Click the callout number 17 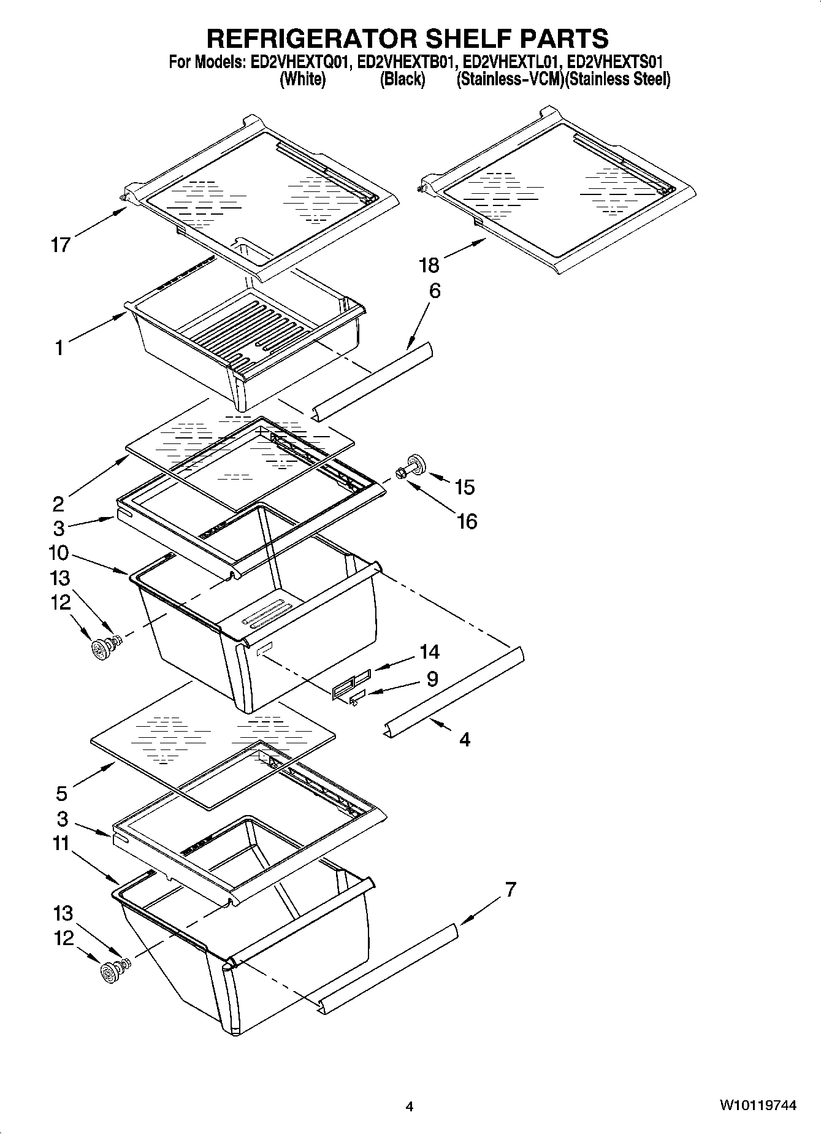pos(61,245)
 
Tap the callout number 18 pos(429,265)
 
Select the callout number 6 pos(434,291)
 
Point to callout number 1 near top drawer pos(59,348)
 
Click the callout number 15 pos(465,487)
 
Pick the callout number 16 pos(467,521)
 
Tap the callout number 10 pos(58,553)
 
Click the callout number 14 pos(429,651)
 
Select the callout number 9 pos(432,679)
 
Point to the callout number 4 pos(465,740)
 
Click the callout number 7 pos(510,889)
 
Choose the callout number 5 pos(61,794)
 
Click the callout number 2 pos(58,504)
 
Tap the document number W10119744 pos(757,1105)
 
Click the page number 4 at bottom pos(410,1106)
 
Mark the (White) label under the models pos(302,79)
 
